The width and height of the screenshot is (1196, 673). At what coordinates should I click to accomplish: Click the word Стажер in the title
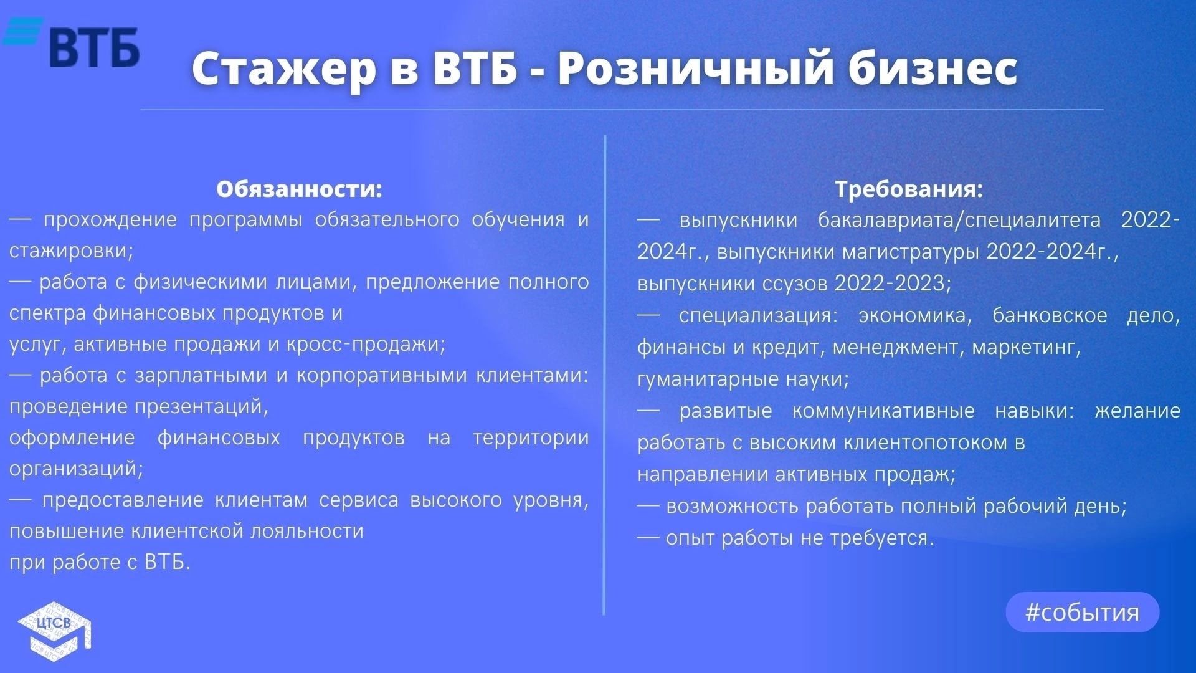(x=284, y=68)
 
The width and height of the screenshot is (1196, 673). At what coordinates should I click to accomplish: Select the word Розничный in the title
(x=695, y=68)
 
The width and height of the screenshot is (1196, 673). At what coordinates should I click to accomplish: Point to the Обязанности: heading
(x=299, y=189)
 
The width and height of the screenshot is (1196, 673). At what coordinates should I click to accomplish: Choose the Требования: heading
(x=909, y=189)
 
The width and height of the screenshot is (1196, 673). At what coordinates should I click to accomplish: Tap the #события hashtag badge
(x=1082, y=612)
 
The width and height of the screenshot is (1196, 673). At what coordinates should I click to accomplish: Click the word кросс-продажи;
(x=366, y=345)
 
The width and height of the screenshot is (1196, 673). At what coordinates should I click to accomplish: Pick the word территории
(x=531, y=437)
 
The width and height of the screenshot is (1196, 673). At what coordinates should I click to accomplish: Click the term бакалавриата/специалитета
(x=959, y=220)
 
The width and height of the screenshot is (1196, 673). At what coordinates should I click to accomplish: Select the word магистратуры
(x=911, y=252)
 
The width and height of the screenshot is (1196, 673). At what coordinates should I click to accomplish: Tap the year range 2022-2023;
(x=893, y=284)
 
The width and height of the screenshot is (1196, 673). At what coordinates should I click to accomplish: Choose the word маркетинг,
(x=1026, y=347)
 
